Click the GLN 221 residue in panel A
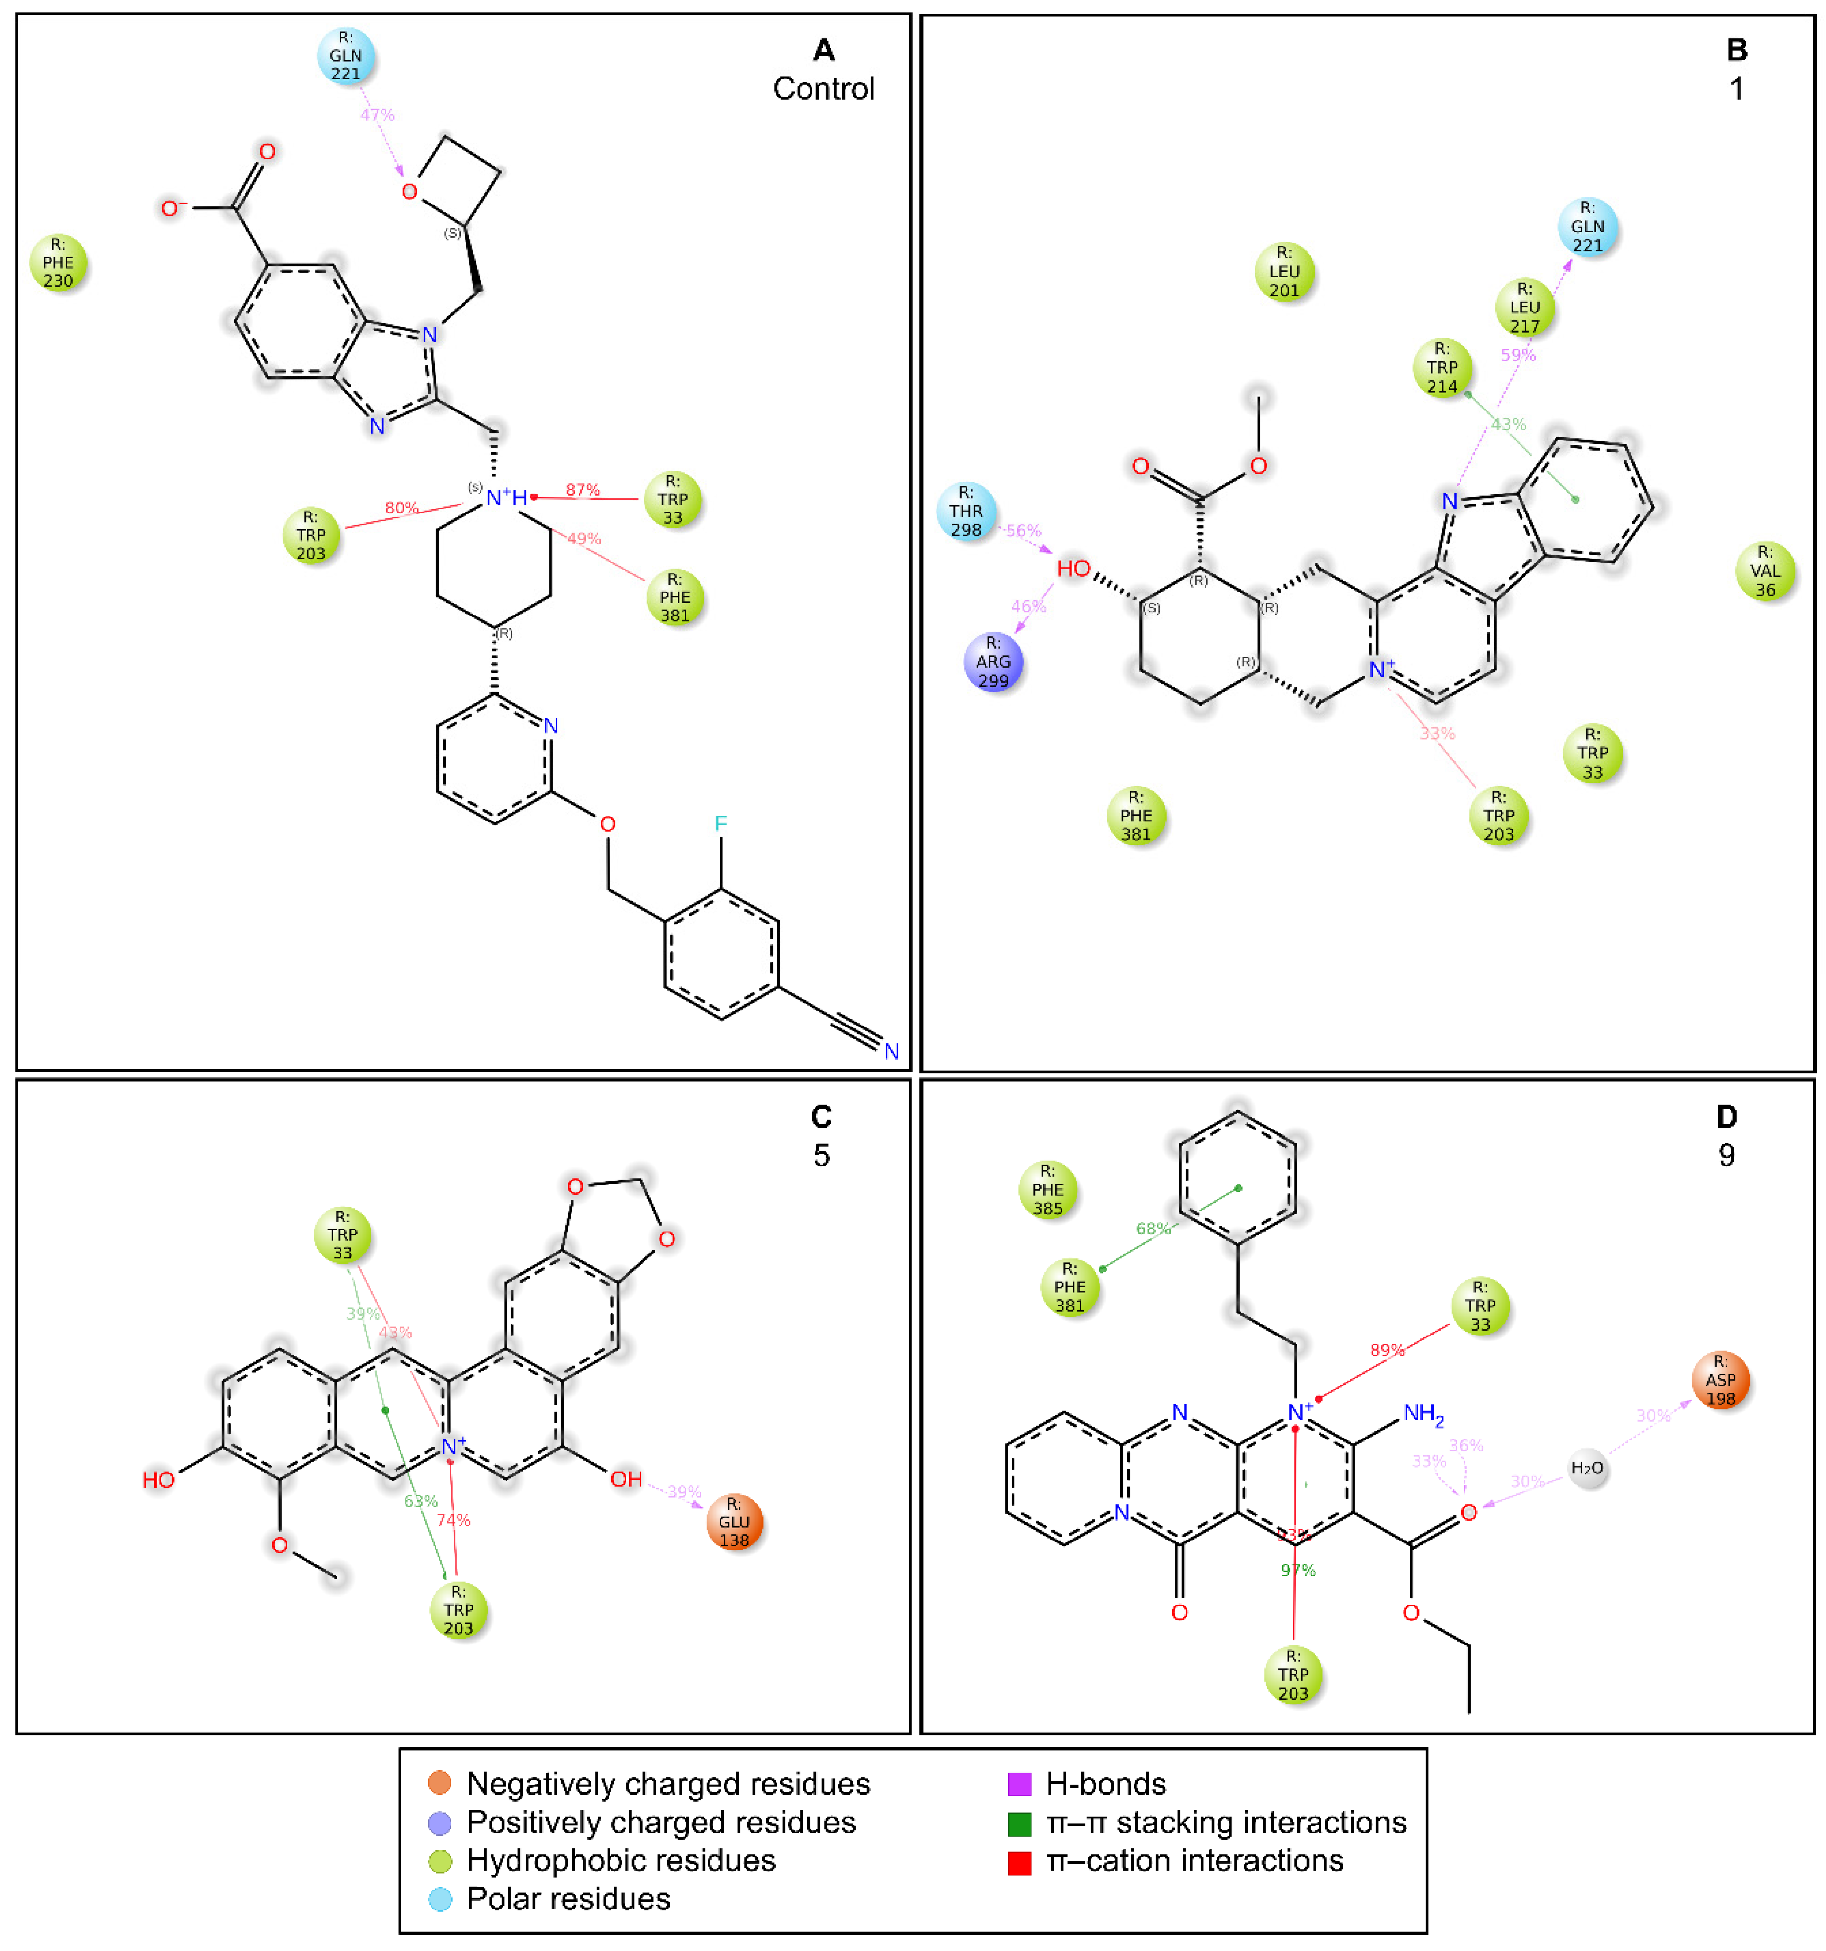click(x=345, y=56)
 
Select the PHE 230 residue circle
click(x=58, y=263)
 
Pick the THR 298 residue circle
click(x=966, y=512)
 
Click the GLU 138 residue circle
click(x=734, y=1522)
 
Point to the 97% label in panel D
click(x=1297, y=1570)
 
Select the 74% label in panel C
click(x=453, y=1520)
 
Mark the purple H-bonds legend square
click(x=1019, y=1784)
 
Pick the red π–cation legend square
click(x=1019, y=1862)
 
